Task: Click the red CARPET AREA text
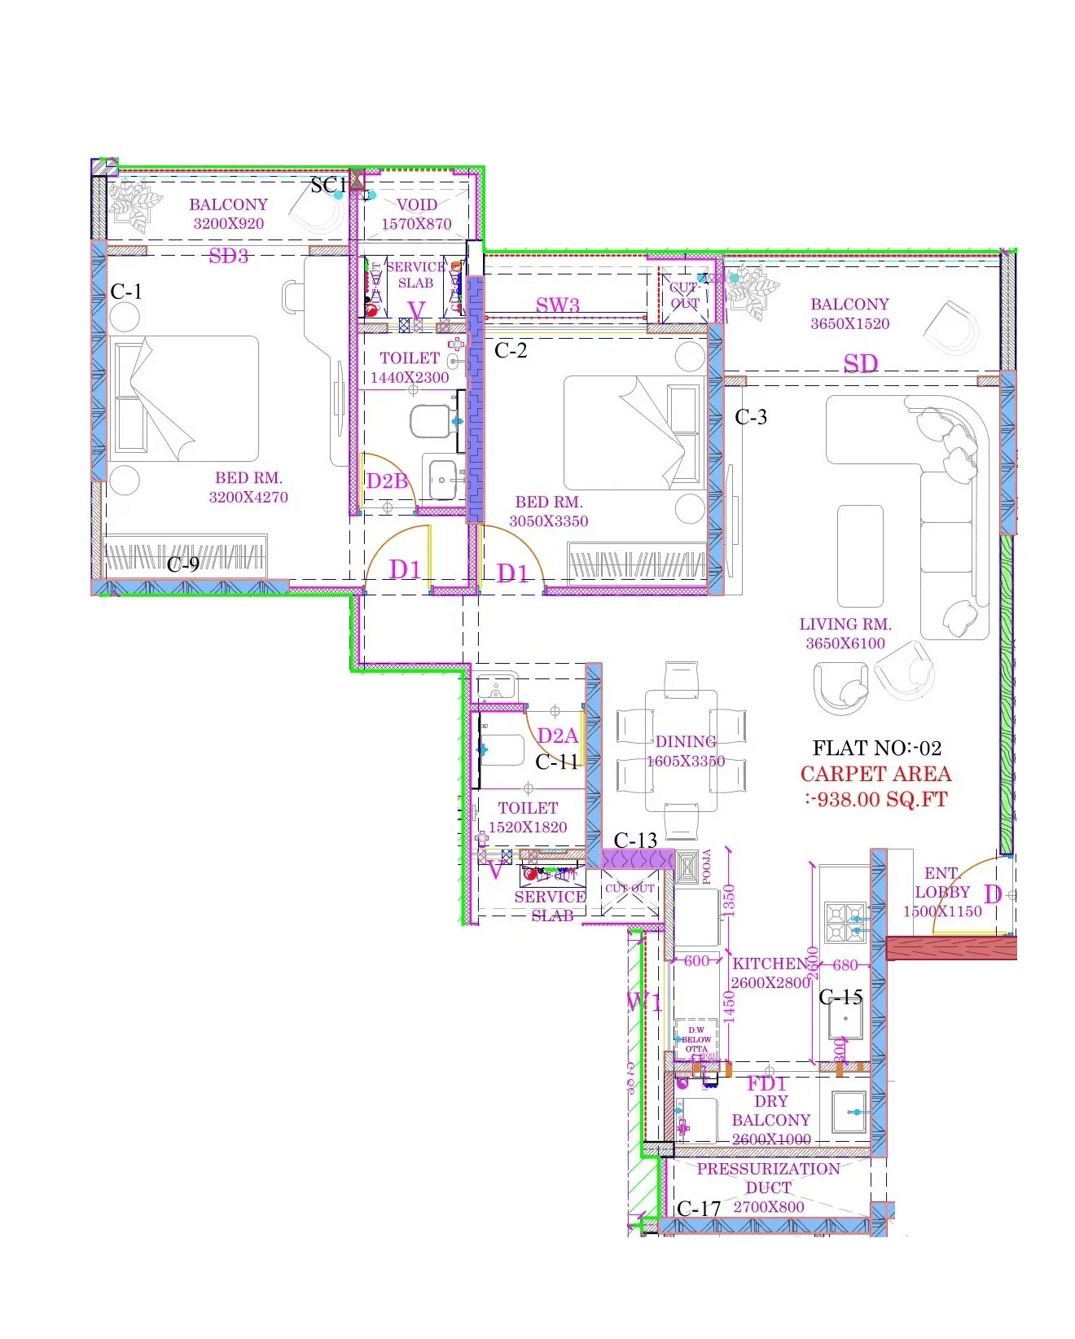[875, 775]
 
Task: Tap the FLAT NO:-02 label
[876, 748]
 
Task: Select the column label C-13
[635, 840]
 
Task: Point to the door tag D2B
[386, 481]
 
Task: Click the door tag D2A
[557, 736]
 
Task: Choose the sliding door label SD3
[228, 256]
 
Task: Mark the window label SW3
[558, 305]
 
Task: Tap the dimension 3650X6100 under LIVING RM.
[845, 643]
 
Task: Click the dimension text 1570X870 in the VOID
[416, 224]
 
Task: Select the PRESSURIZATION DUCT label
[768, 1178]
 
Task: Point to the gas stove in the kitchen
[845, 922]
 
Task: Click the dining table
[682, 751]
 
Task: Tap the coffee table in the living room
[860, 555]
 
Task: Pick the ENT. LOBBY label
[942, 882]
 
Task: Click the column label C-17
[699, 1209]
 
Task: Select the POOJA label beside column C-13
[706, 867]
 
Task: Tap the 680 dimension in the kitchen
[845, 965]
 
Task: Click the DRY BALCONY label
[770, 1111]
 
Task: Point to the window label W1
[643, 1001]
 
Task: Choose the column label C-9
[183, 564]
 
